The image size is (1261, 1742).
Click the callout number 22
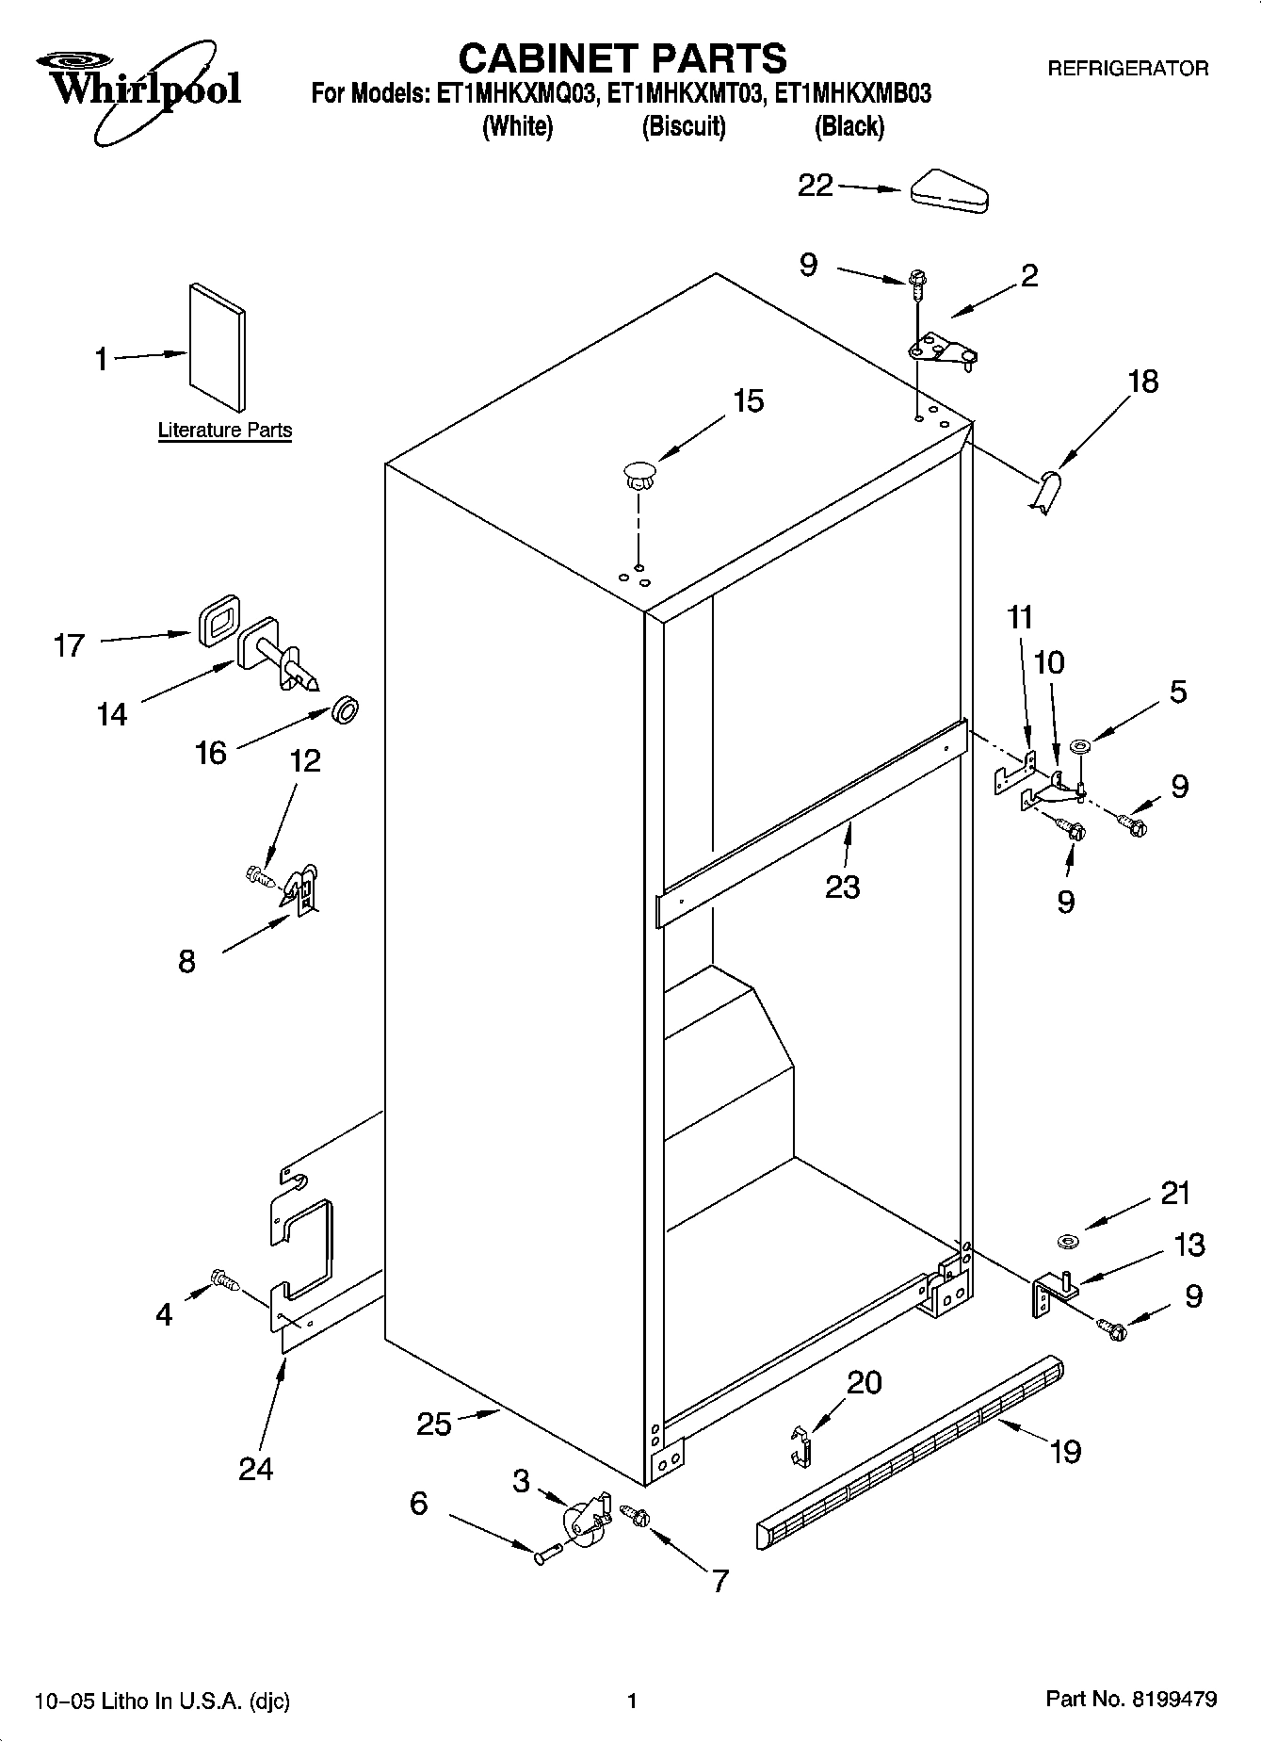(816, 186)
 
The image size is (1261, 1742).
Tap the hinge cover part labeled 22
(948, 191)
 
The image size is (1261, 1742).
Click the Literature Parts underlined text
(225, 431)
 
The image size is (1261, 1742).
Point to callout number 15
(748, 401)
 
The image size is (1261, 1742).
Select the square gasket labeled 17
(218, 621)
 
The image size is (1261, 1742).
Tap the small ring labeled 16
(346, 710)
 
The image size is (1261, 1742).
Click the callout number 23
(843, 887)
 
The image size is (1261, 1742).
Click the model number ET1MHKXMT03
(684, 94)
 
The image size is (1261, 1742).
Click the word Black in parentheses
(849, 126)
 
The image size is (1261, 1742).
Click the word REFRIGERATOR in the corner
(1127, 68)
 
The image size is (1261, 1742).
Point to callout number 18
(1142, 383)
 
